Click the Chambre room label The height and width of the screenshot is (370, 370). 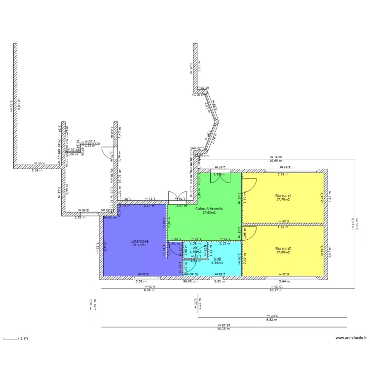(x=140, y=241)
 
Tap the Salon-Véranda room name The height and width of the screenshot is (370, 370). (x=209, y=209)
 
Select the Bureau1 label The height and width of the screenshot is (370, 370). (x=283, y=196)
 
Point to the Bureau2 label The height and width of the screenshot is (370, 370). (x=283, y=248)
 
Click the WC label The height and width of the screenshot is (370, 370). (x=195, y=248)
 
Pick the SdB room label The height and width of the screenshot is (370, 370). (x=217, y=259)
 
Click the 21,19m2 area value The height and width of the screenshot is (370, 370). (x=140, y=245)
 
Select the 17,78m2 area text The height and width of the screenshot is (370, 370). (x=283, y=200)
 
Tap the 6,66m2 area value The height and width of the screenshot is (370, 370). (x=217, y=262)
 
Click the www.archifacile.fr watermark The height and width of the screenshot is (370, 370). (x=351, y=338)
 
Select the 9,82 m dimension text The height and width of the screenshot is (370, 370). (x=272, y=320)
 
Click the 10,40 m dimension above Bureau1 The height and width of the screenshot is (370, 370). (x=275, y=161)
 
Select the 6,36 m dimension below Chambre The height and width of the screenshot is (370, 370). (x=149, y=290)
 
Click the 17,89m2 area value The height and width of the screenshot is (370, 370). (x=283, y=252)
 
